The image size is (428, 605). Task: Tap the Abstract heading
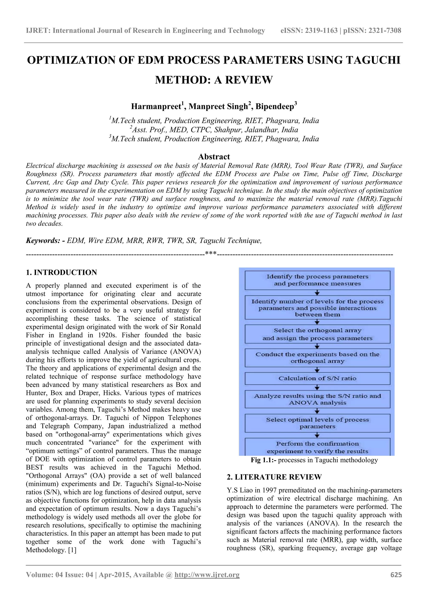click(214, 156)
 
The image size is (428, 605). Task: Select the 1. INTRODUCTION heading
click(61, 272)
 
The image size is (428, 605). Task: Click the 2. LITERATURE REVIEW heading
click(274, 477)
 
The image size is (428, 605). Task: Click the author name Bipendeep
click(275, 107)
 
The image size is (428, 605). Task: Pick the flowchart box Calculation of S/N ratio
click(317, 378)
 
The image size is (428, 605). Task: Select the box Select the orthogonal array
click(317, 334)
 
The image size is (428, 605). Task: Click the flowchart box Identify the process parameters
click(317, 280)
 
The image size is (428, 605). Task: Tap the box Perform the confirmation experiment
click(317, 447)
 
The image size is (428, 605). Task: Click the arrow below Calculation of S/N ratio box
click(317, 387)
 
